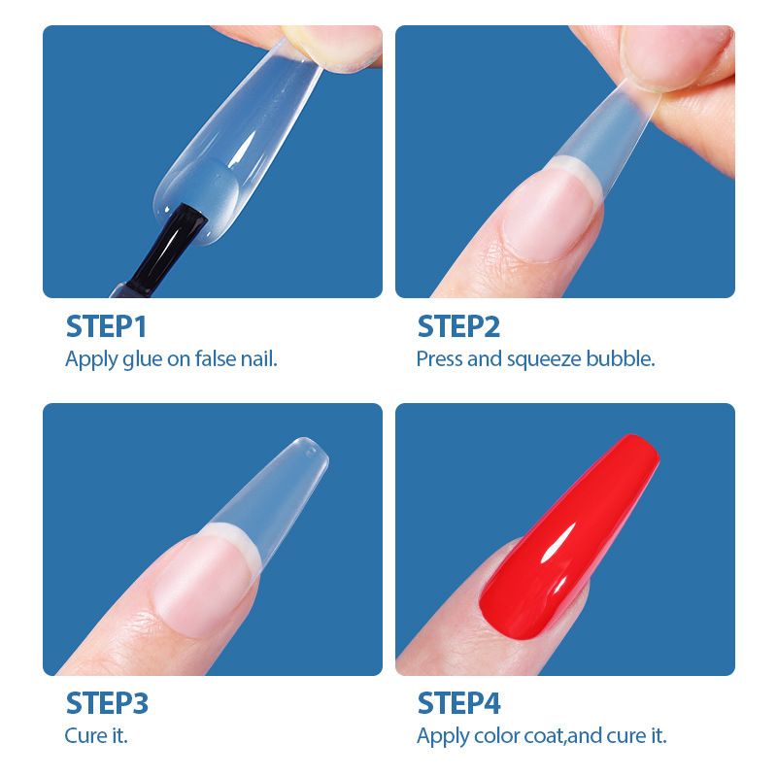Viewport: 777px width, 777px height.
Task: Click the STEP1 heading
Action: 106,325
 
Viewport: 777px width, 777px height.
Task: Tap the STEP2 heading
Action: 458,325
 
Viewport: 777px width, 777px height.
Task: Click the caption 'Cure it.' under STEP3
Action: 96,735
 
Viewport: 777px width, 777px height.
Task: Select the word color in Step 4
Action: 496,736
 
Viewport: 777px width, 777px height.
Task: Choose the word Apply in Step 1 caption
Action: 91,359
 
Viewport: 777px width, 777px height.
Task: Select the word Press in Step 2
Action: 440,358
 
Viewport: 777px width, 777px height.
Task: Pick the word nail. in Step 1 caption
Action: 259,358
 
